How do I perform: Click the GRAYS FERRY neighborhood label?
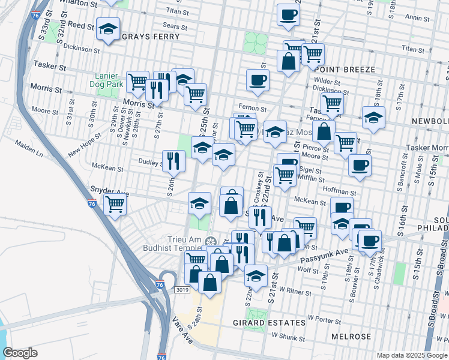[151, 37]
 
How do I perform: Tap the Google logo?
[20, 353]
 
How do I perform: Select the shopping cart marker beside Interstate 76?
[115, 204]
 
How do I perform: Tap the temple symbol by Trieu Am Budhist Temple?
[208, 241]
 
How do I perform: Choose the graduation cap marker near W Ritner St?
[256, 277]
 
